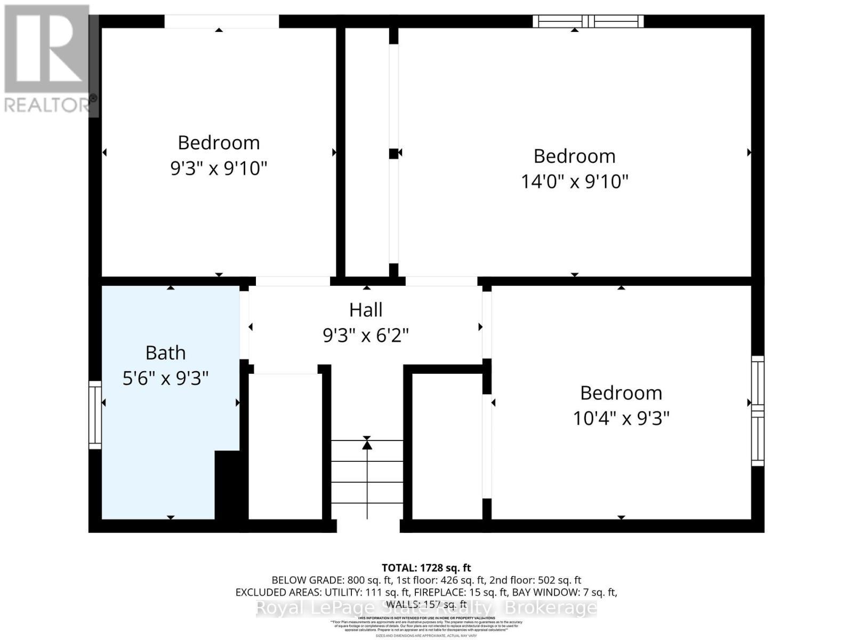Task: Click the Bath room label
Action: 165,353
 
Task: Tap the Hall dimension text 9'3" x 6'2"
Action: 366,335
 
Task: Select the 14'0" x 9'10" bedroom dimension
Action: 574,181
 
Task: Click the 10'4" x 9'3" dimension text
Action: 621,418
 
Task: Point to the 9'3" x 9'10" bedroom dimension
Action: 218,169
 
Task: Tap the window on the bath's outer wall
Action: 95,414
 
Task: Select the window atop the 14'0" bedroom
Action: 588,21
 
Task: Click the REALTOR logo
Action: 48,59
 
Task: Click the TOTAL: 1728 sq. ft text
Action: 426,568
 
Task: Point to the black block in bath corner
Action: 228,484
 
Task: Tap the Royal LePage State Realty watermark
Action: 426,607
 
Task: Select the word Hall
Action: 366,310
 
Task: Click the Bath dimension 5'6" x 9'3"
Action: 165,379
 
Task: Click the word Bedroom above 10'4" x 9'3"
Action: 621,393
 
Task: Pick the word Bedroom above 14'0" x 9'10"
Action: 574,156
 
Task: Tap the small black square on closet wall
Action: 393,154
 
